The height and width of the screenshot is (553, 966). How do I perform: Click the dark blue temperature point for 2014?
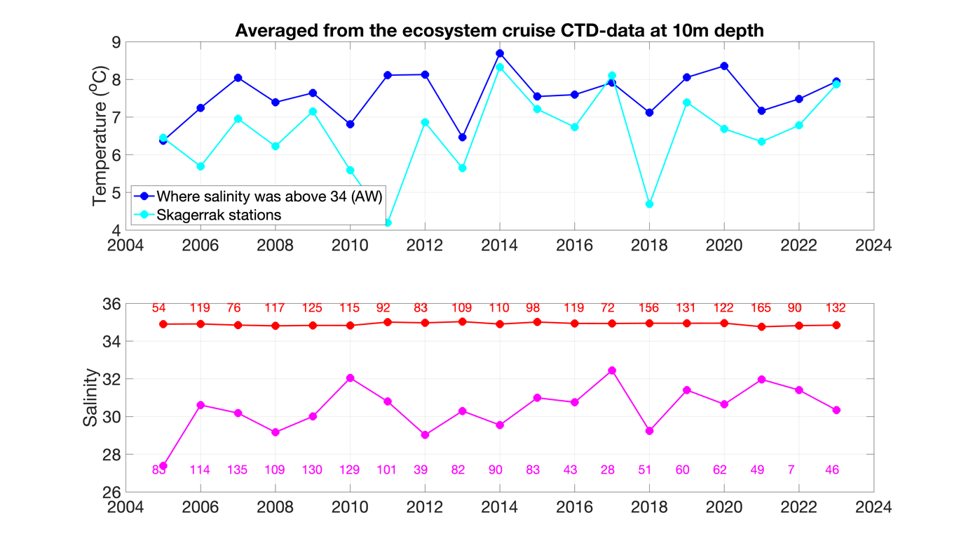point(500,53)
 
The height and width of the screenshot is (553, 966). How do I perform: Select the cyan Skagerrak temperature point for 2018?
point(649,204)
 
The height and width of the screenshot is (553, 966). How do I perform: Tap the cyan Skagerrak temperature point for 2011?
point(388,222)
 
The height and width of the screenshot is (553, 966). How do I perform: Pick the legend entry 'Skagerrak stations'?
point(218,215)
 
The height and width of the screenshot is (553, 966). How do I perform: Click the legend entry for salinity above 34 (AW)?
point(269,196)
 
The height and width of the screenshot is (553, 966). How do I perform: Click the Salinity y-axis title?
point(90,398)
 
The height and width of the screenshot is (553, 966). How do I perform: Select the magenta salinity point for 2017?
point(612,371)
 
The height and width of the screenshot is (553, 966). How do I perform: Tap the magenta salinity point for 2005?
point(163,466)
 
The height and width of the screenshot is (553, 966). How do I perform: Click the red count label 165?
point(761,308)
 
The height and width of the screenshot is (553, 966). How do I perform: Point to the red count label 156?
point(649,308)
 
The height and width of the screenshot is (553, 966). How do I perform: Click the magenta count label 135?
point(237,470)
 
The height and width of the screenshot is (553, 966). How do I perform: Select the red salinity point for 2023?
point(836,325)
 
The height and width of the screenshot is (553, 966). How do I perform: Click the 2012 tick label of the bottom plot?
point(425,507)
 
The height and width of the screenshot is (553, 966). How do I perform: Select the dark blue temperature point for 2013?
point(462,138)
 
